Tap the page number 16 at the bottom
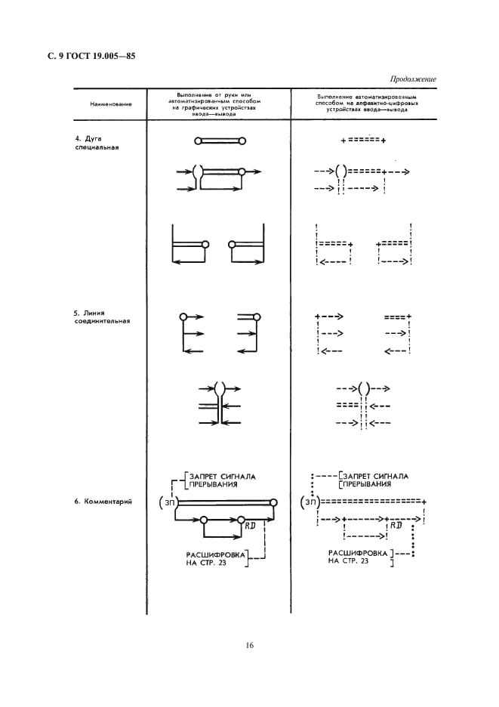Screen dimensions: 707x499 pos(249,645)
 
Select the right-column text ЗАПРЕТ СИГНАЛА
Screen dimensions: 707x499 pos(376,476)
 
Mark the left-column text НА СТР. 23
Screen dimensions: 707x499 pos(195,562)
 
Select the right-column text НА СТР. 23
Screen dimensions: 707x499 pos(349,562)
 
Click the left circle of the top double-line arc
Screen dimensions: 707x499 pos(198,140)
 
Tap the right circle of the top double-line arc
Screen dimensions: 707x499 pos(243,140)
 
